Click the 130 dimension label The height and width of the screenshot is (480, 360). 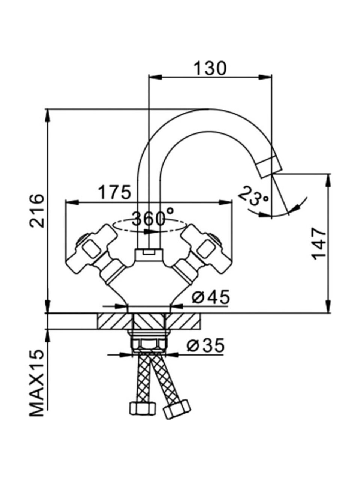pos(210,67)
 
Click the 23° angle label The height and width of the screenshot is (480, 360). pos(253,196)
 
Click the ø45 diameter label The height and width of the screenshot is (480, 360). pos(210,298)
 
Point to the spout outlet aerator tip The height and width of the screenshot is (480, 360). pos(270,167)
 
